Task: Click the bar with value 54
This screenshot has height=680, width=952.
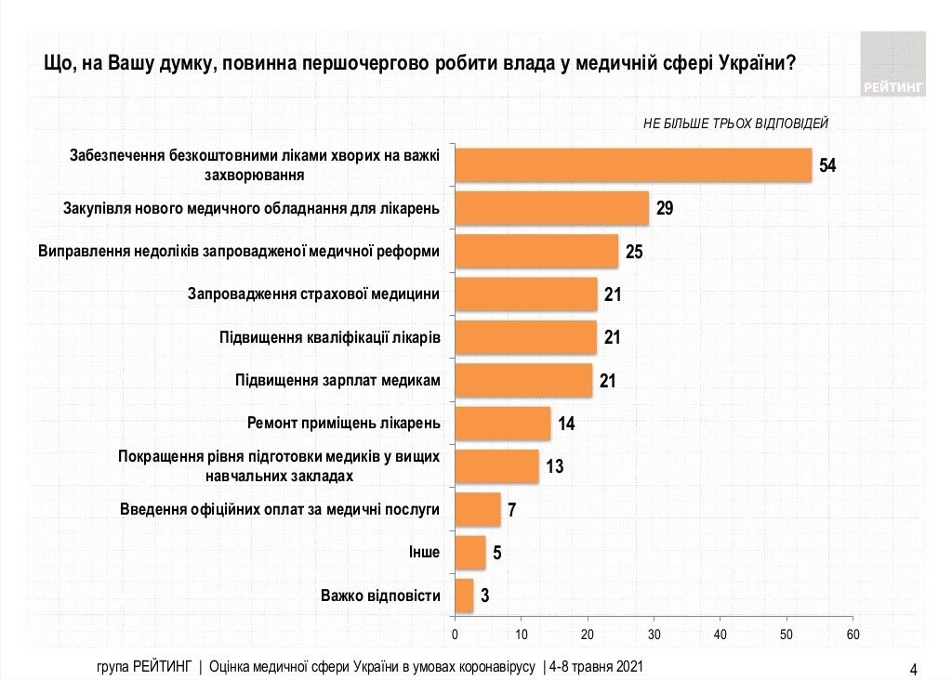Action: click(632, 165)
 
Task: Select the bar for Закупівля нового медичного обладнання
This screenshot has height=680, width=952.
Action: click(550, 208)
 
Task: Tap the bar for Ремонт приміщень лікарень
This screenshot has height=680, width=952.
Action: click(502, 424)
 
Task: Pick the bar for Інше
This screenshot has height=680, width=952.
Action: click(469, 553)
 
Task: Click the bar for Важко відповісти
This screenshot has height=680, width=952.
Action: click(463, 595)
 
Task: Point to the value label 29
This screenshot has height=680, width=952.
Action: click(665, 208)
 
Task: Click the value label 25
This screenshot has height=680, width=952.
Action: click(634, 251)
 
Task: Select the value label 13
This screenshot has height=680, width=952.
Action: click(555, 466)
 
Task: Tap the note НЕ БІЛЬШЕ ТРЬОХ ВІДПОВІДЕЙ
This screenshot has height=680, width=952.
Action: click(734, 123)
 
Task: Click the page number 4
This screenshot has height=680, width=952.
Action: click(913, 669)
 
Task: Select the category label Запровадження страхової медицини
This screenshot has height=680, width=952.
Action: click(313, 294)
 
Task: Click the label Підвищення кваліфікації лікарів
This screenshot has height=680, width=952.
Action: click(329, 337)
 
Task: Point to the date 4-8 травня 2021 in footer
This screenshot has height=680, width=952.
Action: click(595, 667)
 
